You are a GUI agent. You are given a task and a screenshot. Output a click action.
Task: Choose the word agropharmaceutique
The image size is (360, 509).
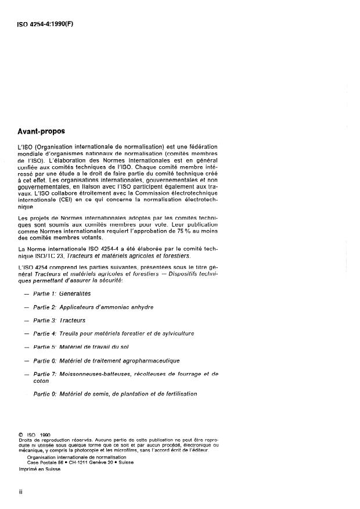pos(149,361)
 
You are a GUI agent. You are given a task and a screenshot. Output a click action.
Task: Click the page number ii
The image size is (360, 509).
pos(20,492)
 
